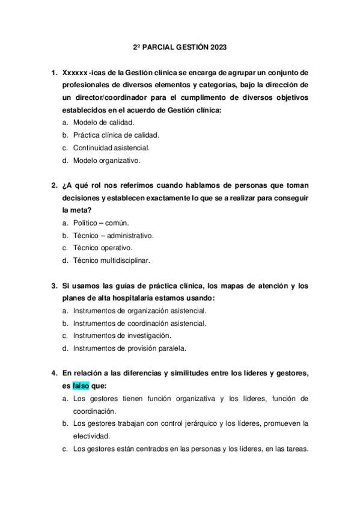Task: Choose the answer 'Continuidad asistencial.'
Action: coord(111,148)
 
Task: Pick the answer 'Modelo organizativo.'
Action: coord(106,161)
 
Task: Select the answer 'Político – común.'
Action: coord(101,223)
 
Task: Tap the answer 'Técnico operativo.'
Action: coord(103,248)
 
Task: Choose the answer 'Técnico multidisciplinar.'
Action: coord(111,260)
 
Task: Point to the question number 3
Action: coord(54,286)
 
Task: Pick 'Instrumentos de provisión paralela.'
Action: coord(130,348)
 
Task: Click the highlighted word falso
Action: coord(80,386)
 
